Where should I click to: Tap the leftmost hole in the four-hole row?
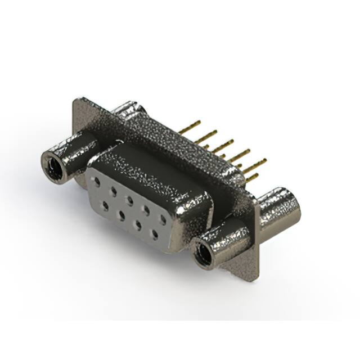[x=105, y=206]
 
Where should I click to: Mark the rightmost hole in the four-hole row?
[x=153, y=232]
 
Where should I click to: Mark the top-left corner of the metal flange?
[x=75, y=101]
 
